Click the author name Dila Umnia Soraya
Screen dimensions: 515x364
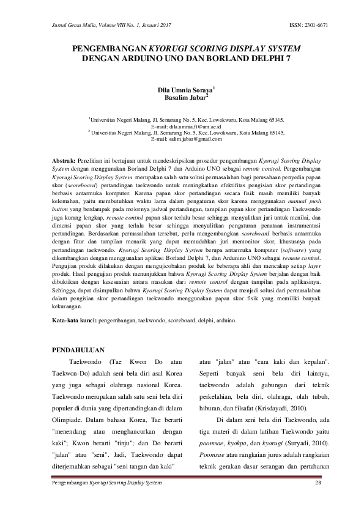180,90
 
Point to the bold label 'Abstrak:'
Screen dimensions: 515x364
64,159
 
